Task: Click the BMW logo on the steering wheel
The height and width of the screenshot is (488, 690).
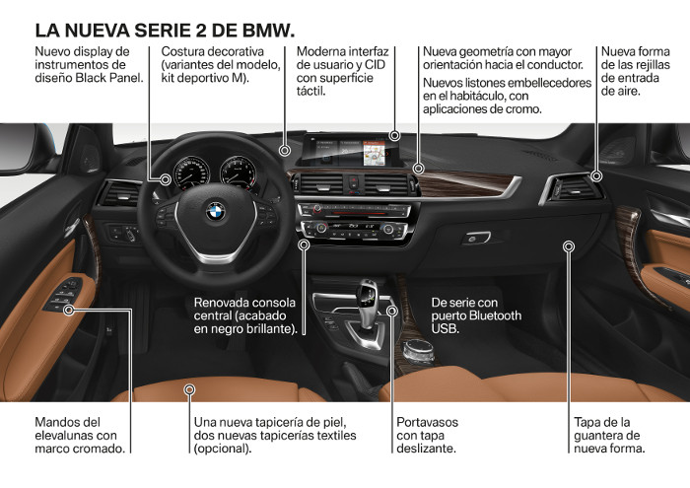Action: (x=215, y=211)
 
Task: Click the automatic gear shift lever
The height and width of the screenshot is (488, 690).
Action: (x=367, y=296)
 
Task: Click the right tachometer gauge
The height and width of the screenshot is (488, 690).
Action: (x=237, y=173)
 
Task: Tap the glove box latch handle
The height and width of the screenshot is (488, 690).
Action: (x=477, y=238)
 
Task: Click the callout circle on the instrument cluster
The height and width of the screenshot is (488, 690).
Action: (x=165, y=178)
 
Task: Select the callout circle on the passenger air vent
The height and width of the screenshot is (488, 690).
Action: (x=597, y=176)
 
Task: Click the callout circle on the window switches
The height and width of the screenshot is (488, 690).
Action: (x=70, y=310)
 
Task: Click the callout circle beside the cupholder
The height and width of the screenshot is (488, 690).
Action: (x=393, y=312)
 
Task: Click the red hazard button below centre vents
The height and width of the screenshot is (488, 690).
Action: (x=352, y=181)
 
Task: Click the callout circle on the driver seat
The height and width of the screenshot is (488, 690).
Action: (x=188, y=390)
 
